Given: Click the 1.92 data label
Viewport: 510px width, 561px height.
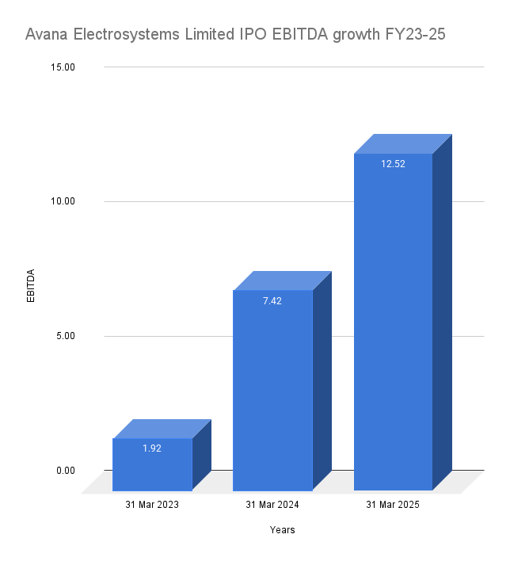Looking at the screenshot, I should point(152,448).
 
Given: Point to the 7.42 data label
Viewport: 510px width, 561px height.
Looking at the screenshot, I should point(272,300).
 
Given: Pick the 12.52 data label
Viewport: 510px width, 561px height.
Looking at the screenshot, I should point(393,163).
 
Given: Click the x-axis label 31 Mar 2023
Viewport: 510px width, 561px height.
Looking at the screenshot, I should point(152,505).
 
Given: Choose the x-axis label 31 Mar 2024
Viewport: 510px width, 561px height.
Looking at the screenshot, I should point(272,505).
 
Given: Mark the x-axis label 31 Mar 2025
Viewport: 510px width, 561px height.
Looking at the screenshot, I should point(393,505).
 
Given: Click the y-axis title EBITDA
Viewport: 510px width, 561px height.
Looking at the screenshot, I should point(31,286).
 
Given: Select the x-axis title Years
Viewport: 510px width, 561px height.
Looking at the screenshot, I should point(282,530).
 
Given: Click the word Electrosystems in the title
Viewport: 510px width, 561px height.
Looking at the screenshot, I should point(126,35).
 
